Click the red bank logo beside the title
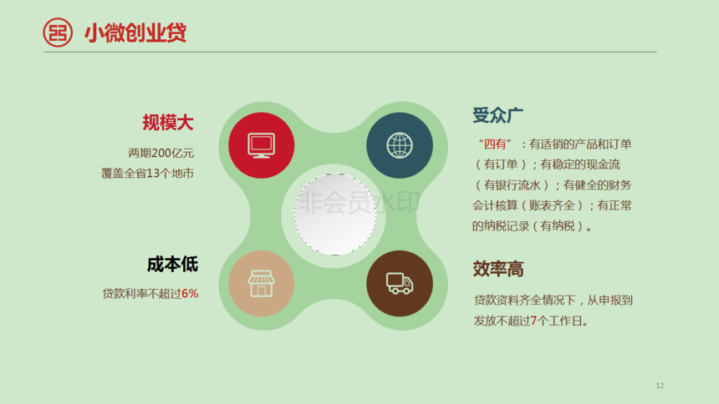(x=58, y=32)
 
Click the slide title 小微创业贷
(x=135, y=33)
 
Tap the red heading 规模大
(x=168, y=123)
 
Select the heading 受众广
(x=498, y=115)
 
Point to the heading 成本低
(x=172, y=265)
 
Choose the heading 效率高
(x=498, y=269)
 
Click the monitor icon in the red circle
(x=262, y=145)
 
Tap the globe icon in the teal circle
(x=400, y=145)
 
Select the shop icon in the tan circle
(x=262, y=283)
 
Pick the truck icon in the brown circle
(x=400, y=283)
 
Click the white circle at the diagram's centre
(x=335, y=214)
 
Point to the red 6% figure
(x=190, y=294)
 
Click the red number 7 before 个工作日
(x=533, y=321)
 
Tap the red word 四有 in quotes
(x=495, y=144)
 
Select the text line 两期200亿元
(x=161, y=153)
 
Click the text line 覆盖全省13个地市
(x=148, y=173)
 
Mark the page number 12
(x=660, y=386)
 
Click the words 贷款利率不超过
(x=141, y=294)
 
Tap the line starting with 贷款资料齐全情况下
(x=553, y=300)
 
